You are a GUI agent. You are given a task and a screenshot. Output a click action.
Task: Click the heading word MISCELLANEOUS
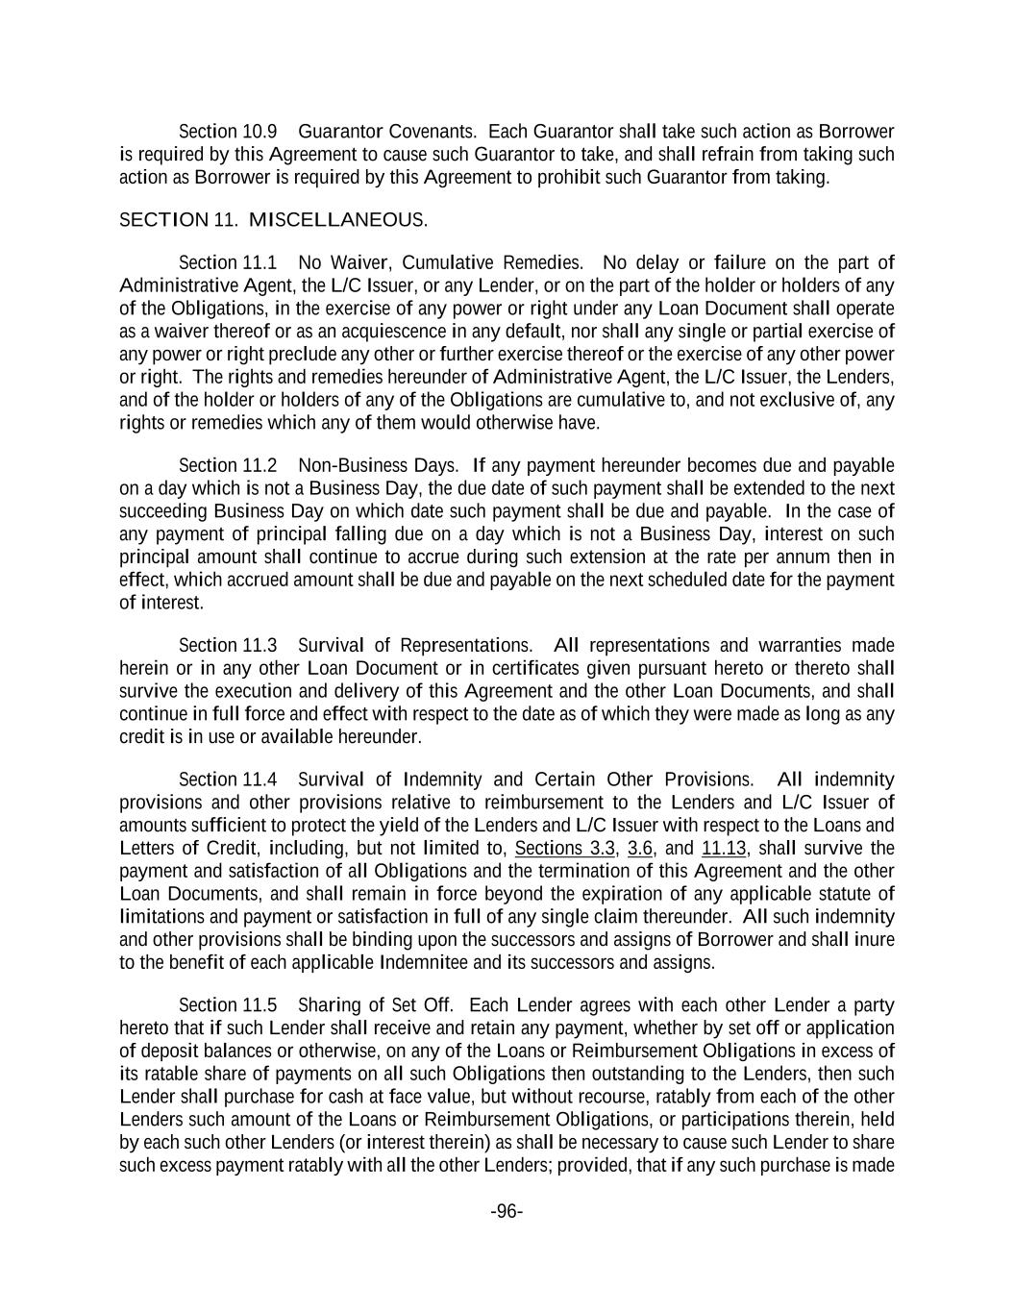click(337, 220)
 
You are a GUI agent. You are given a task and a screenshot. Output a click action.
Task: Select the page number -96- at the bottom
click(507, 1211)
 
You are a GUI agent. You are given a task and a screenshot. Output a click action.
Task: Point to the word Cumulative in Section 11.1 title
click(447, 262)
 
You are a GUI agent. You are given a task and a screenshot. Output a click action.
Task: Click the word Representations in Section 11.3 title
click(465, 645)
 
